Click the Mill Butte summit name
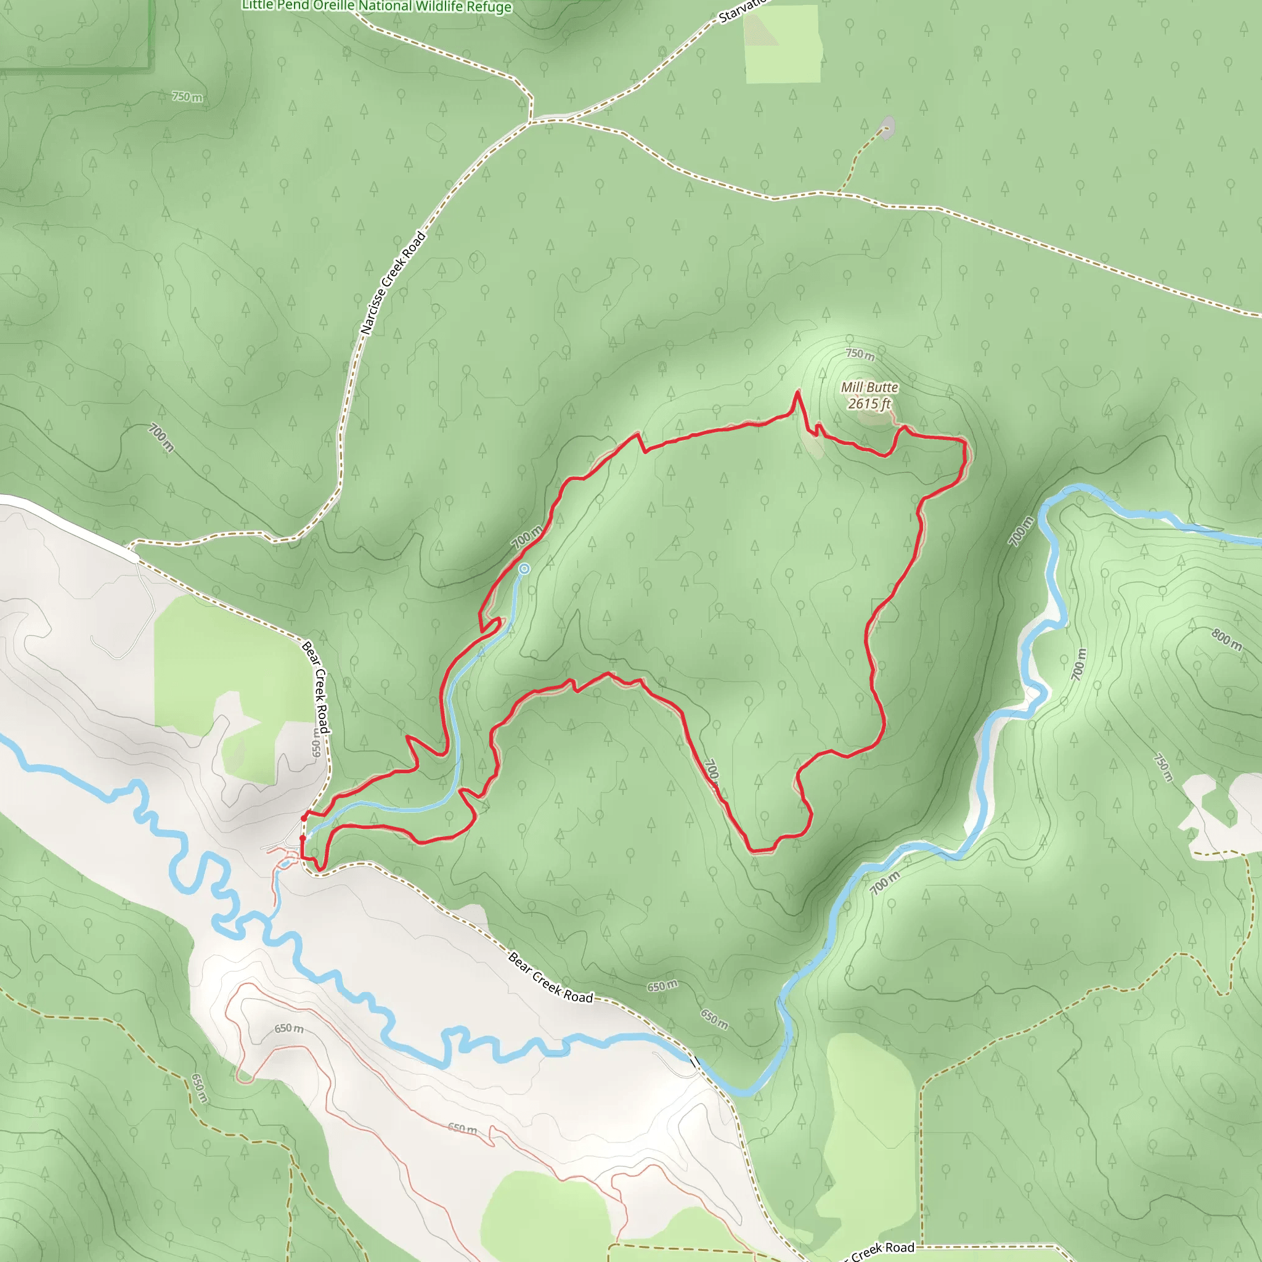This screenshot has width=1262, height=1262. [869, 388]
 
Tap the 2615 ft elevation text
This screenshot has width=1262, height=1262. [869, 404]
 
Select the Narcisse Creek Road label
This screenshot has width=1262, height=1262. [393, 283]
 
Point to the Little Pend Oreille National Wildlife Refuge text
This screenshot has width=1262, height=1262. [377, 7]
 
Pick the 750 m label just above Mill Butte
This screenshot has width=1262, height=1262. [860, 354]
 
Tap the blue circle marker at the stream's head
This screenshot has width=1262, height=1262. [524, 569]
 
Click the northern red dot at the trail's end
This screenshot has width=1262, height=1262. [304, 818]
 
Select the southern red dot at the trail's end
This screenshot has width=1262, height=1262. [302, 838]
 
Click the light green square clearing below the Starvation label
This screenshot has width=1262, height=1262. [783, 44]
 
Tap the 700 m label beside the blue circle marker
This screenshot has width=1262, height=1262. [526, 537]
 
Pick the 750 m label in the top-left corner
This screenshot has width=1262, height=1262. [187, 97]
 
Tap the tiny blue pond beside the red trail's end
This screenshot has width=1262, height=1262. [285, 864]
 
